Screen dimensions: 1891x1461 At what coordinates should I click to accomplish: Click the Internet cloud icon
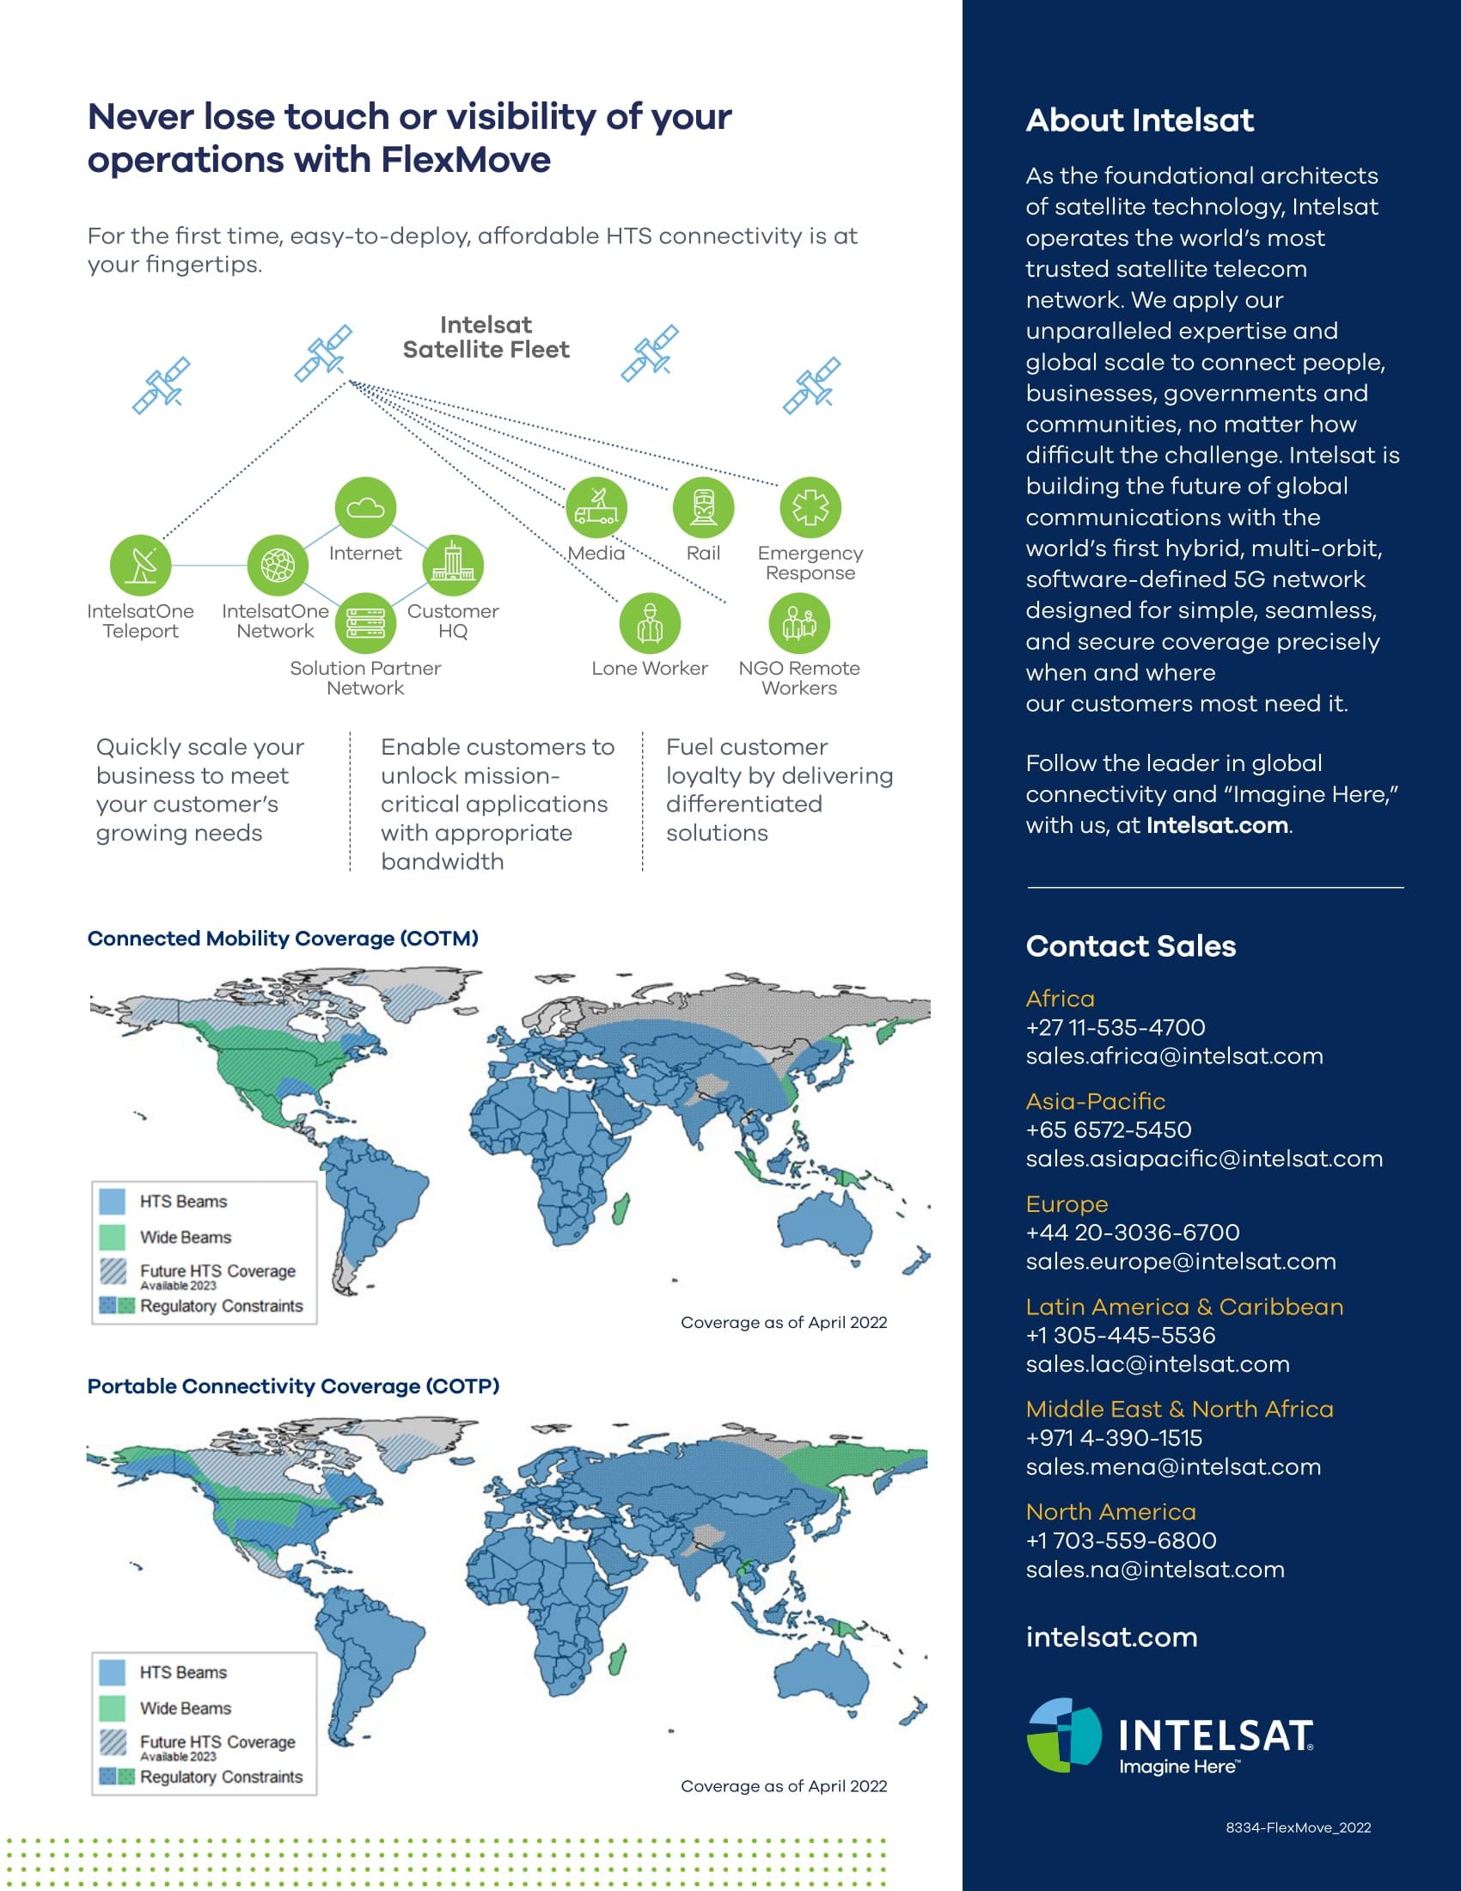pos(365,507)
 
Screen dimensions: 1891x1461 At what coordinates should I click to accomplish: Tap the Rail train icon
pos(703,507)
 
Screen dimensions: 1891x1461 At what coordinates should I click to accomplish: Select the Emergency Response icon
pos(810,507)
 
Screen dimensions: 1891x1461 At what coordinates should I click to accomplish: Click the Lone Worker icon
pos(650,623)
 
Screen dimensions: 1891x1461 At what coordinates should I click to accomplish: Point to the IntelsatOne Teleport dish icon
pos(140,566)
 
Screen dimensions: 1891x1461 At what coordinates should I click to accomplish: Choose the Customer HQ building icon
pos(453,566)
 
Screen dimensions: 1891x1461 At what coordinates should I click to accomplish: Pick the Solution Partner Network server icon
pos(365,623)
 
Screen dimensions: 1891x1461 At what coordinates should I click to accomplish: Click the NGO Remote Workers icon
pos(799,623)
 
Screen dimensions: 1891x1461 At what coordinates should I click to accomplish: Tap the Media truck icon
pos(596,507)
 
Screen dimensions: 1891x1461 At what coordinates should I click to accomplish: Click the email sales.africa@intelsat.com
pos(1174,1056)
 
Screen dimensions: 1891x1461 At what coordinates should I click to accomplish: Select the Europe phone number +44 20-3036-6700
pos(1132,1232)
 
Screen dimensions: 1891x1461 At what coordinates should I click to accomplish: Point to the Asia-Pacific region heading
pos(1095,1101)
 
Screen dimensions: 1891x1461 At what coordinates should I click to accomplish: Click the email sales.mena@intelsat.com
pos(1173,1466)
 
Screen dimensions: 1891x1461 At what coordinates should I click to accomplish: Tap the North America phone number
pos(1121,1540)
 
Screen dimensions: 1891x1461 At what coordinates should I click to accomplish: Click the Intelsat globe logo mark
pos(1064,1735)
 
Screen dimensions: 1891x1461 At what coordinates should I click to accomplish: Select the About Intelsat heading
pos(1139,120)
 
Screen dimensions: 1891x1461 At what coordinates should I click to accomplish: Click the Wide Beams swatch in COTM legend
pos(113,1236)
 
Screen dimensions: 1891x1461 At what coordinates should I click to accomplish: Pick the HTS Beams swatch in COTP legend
pos(113,1672)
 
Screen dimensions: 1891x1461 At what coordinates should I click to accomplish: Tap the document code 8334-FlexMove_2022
pos(1298,1827)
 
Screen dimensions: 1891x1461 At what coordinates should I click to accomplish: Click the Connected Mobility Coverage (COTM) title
pos(283,939)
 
